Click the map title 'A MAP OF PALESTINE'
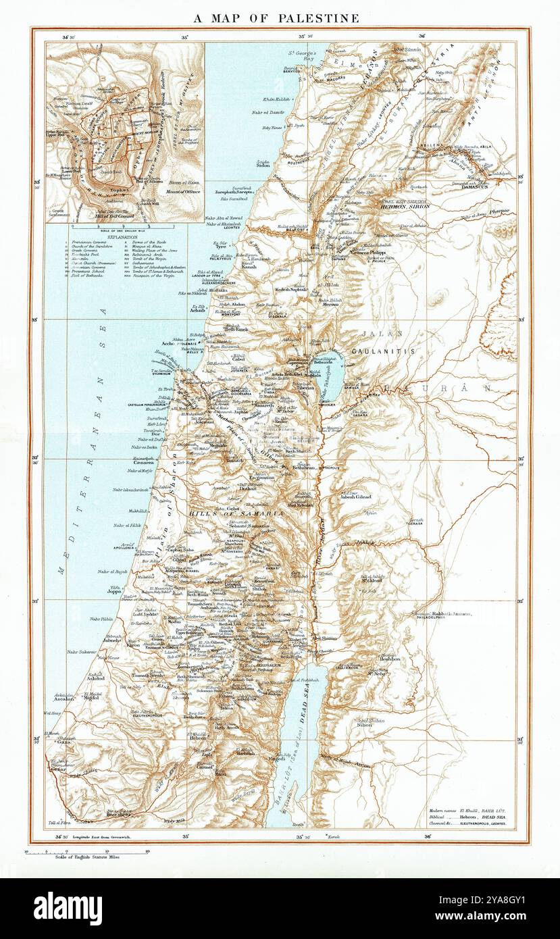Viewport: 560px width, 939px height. [x=276, y=18]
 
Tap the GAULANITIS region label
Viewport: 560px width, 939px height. [x=383, y=352]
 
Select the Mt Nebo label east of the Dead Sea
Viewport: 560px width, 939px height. [x=380, y=674]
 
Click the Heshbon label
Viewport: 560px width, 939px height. [x=390, y=659]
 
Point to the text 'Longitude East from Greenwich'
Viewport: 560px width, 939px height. [x=105, y=838]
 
